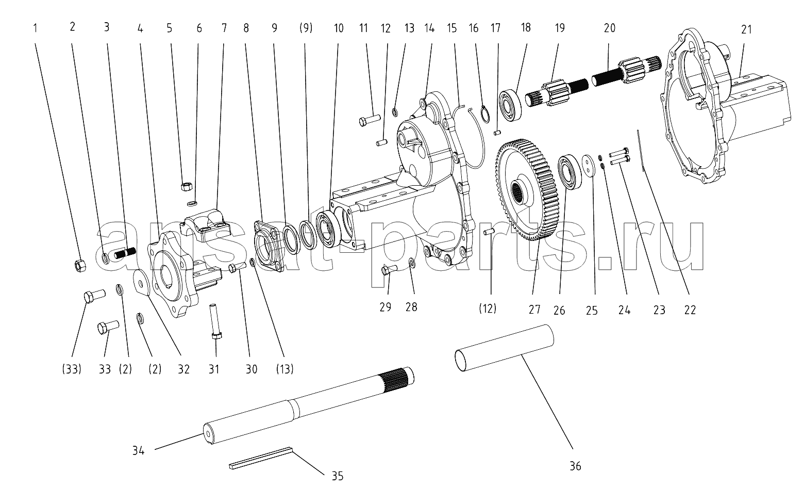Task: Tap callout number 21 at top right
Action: (x=746, y=29)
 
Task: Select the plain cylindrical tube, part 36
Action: (x=505, y=348)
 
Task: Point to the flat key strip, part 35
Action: (x=261, y=458)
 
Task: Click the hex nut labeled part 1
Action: (x=80, y=265)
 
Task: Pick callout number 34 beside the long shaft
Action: (x=138, y=450)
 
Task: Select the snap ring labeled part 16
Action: (x=484, y=115)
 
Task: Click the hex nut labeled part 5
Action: (x=186, y=186)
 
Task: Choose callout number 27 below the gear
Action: (x=534, y=310)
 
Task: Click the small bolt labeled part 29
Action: (x=389, y=269)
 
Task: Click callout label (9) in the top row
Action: (x=306, y=28)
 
